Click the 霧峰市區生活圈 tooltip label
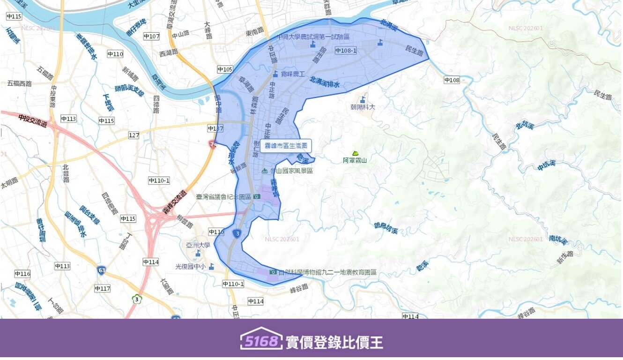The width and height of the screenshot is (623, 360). (286, 146)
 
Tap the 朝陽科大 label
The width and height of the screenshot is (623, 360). (363, 107)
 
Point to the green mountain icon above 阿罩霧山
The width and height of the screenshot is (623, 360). (355, 153)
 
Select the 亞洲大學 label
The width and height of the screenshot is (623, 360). (199, 245)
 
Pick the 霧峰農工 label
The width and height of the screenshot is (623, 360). (293, 74)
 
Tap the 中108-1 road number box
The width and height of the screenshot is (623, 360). (346, 51)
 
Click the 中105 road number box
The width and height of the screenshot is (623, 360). (225, 69)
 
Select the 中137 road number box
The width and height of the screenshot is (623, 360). (215, 128)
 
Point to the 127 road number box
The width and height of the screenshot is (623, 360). (134, 135)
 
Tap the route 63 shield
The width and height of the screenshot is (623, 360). (101, 270)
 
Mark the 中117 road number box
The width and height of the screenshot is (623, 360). (102, 288)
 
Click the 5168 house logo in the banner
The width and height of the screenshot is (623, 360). (261, 340)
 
